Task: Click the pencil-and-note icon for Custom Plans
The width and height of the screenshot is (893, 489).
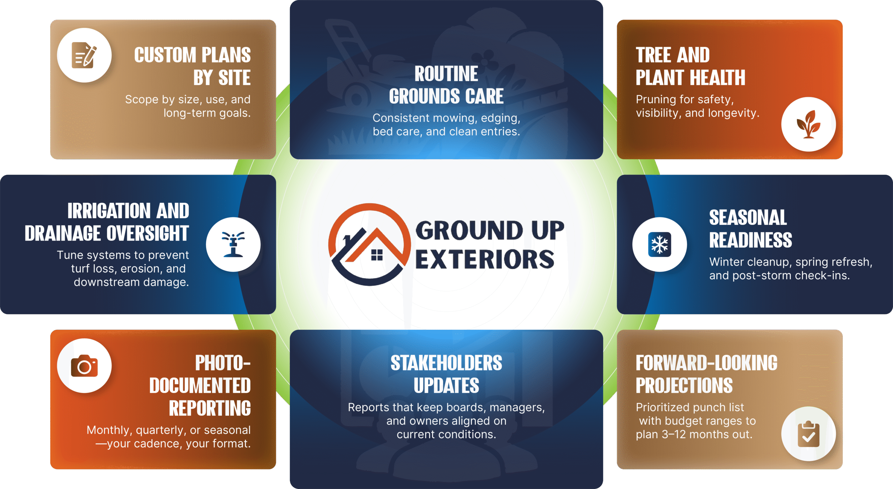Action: [x=84, y=55]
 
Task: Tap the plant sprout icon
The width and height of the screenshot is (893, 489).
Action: [x=808, y=124]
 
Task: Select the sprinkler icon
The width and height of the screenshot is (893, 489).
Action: [x=233, y=244]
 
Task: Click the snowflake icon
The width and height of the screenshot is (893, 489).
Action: [x=659, y=244]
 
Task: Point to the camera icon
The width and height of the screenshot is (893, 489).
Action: [x=84, y=366]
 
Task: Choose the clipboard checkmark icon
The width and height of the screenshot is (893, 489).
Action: [x=808, y=434]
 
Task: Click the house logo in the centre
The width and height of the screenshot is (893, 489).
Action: [x=370, y=244]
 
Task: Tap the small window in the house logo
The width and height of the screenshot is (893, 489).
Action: [x=377, y=255]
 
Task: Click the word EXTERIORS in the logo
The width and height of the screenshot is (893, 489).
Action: [x=485, y=259]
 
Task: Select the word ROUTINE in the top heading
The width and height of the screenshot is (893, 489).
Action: [x=446, y=74]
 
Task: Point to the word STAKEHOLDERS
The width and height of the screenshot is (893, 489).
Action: [x=446, y=363]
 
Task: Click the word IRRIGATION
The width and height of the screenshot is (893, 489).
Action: [x=108, y=211]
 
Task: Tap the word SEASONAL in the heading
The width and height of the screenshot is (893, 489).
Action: [x=748, y=217]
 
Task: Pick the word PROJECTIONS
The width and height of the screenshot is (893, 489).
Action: [x=684, y=386]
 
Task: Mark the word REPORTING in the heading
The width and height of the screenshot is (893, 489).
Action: [x=210, y=408]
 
